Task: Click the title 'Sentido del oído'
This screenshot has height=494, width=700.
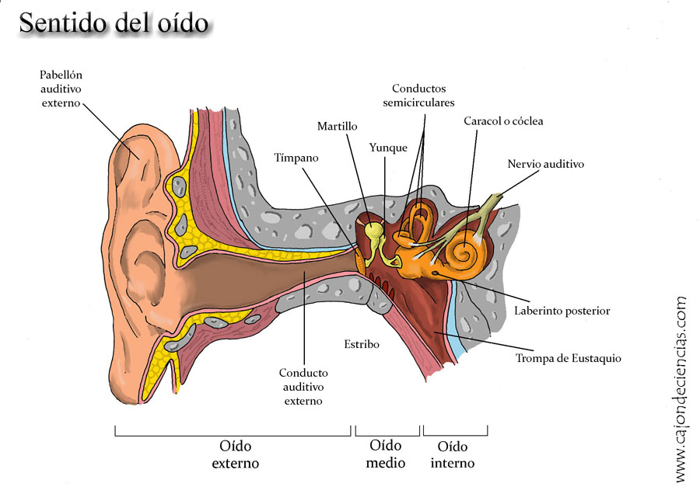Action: (114, 23)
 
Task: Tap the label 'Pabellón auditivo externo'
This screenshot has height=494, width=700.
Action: (61, 89)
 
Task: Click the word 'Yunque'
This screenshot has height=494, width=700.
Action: (388, 148)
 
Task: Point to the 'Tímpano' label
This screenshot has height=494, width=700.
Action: (296, 158)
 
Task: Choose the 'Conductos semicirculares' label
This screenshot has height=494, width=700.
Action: (423, 95)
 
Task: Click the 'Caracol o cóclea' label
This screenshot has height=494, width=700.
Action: (503, 121)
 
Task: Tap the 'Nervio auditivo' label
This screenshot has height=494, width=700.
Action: (545, 165)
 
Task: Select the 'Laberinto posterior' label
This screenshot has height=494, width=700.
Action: (562, 311)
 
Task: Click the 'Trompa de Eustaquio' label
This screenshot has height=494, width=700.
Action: (568, 358)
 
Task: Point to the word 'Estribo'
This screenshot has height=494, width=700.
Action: (362, 343)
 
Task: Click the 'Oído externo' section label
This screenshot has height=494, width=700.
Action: (236, 454)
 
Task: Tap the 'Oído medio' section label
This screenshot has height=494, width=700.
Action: (387, 454)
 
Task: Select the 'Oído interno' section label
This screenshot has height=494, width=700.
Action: (455, 454)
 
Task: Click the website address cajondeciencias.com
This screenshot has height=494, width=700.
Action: (681, 388)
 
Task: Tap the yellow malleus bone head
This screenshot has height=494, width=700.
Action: (375, 231)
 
